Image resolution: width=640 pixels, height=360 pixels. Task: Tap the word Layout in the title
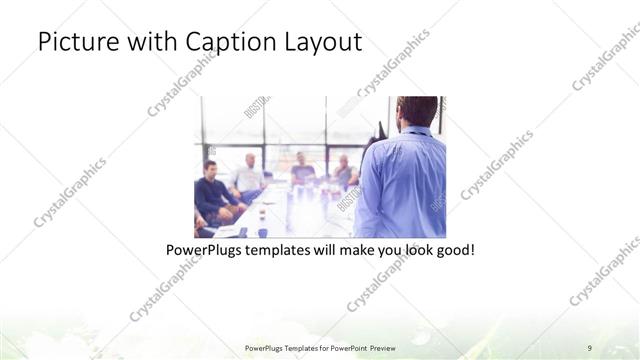pyautogui.click(x=321, y=43)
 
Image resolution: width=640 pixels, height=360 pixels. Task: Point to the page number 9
pyautogui.click(x=590, y=347)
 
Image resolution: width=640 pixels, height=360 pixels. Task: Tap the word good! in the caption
pyautogui.click(x=454, y=249)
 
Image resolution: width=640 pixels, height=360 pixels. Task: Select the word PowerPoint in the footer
pyautogui.click(x=345, y=347)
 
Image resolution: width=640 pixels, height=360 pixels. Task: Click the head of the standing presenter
pyautogui.click(x=417, y=111)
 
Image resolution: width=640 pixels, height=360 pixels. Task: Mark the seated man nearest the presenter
pyautogui.click(x=344, y=173)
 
